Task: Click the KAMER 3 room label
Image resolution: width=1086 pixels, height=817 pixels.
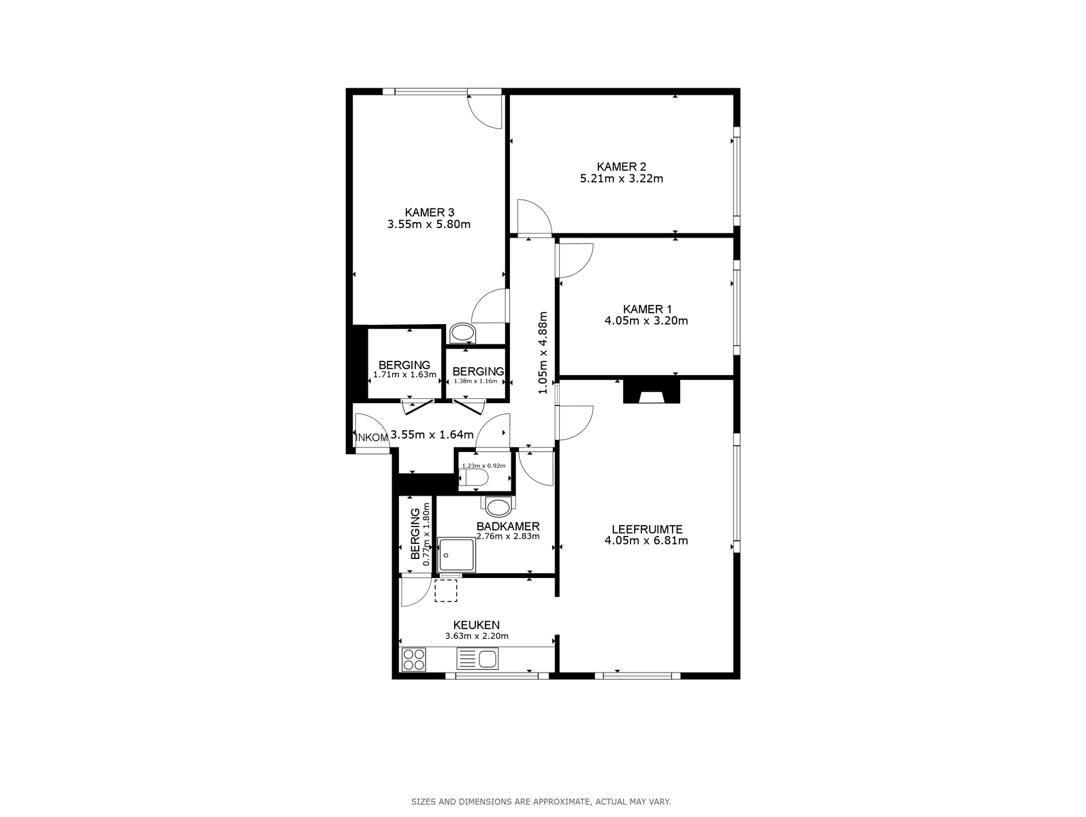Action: click(429, 212)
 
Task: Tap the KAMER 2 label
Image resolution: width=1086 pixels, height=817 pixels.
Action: click(621, 167)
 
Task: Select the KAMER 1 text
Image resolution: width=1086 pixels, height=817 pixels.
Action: click(647, 310)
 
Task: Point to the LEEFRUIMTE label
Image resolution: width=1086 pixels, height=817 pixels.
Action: click(647, 529)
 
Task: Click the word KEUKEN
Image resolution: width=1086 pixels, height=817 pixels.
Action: click(477, 625)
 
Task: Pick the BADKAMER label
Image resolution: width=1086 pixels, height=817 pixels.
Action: click(508, 527)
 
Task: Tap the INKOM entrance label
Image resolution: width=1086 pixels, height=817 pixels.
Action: click(372, 438)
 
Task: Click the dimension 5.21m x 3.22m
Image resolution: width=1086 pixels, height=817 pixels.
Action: click(622, 178)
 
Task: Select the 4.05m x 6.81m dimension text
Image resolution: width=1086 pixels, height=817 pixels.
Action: click(646, 541)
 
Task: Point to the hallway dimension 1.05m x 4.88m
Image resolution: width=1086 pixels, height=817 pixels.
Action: click(543, 353)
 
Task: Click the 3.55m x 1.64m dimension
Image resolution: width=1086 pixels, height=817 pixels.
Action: click(432, 434)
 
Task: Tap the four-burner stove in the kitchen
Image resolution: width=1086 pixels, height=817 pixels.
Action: click(413, 659)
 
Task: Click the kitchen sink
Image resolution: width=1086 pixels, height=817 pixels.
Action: click(477, 659)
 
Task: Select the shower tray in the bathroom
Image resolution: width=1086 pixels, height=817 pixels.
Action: click(456, 555)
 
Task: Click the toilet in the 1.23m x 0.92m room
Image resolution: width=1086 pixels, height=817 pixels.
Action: click(475, 478)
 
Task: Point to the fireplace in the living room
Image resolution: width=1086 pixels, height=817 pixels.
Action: click(651, 391)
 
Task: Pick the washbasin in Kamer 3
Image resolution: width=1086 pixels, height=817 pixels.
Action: click(463, 333)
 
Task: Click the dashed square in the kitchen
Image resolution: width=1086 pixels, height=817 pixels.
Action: click(446, 590)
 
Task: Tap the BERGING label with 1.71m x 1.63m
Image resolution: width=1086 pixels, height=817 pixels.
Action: click(404, 366)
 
